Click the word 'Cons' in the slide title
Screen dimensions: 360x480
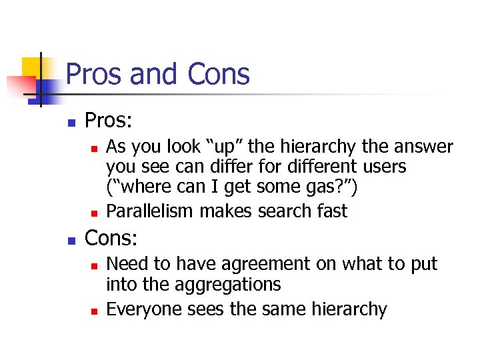(x=219, y=74)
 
